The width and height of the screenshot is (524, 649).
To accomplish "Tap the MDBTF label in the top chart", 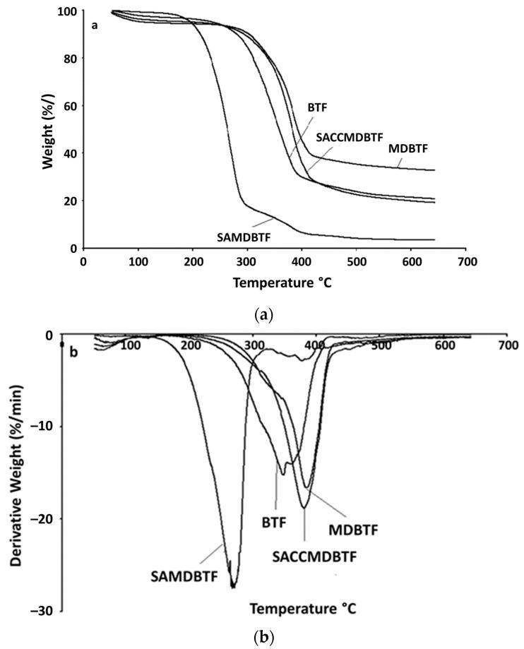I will point(410,148).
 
